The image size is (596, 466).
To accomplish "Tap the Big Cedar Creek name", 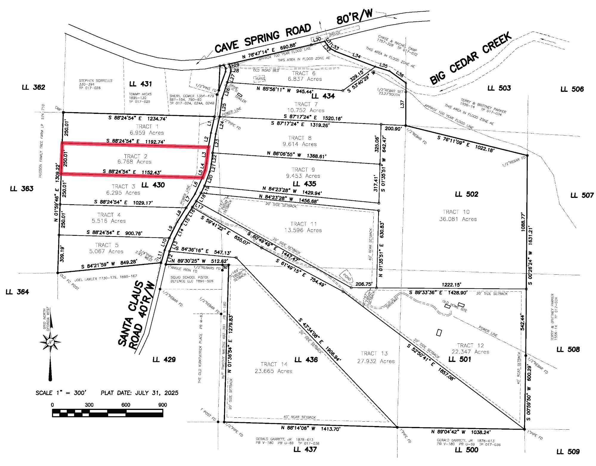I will pyautogui.click(x=471, y=58).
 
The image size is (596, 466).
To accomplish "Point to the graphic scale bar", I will pyautogui.click(x=108, y=413).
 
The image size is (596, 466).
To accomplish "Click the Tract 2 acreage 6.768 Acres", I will pyautogui.click(x=134, y=162).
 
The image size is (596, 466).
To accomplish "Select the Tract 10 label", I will pyautogui.click(x=456, y=212).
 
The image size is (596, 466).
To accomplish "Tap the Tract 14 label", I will pyautogui.click(x=274, y=364).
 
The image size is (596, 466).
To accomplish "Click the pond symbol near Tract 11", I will pyautogui.click(x=347, y=277).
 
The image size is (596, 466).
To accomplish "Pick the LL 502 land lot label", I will pyautogui.click(x=466, y=194).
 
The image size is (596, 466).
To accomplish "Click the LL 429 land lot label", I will pyautogui.click(x=164, y=360).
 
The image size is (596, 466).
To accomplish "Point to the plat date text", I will pyautogui.click(x=139, y=393).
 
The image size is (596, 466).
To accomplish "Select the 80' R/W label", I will pyautogui.click(x=354, y=17).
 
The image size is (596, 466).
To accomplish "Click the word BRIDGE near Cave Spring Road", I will pyautogui.click(x=335, y=33).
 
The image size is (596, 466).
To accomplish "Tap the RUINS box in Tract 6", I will pyautogui.click(x=259, y=79).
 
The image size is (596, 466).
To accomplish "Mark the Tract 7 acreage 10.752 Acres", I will pyautogui.click(x=306, y=110).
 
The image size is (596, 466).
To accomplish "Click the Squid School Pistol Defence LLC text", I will pyautogui.click(x=192, y=279).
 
